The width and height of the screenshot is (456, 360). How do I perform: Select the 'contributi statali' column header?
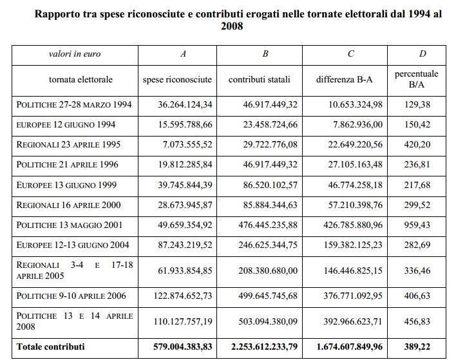[260, 79]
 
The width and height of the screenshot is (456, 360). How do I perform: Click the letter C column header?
[350, 54]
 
